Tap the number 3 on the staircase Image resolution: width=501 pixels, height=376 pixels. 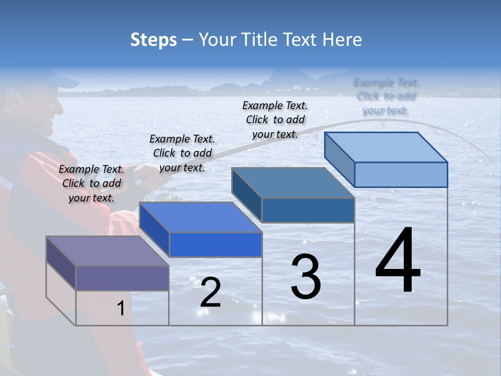306,277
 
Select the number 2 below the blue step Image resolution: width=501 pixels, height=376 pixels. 210,292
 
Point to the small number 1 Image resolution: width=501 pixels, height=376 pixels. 121,309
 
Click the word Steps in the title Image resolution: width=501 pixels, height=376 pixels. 153,40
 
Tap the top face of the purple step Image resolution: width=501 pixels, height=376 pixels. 107,251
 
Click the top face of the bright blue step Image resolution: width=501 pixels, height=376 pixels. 200,217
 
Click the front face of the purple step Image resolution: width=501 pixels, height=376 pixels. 122,278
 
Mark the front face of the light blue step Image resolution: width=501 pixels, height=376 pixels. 401,174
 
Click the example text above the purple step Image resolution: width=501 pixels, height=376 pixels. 92,183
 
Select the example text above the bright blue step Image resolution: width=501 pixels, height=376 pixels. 182,153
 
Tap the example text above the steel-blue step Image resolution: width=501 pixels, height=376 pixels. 275,120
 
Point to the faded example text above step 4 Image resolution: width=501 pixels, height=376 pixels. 386,96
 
